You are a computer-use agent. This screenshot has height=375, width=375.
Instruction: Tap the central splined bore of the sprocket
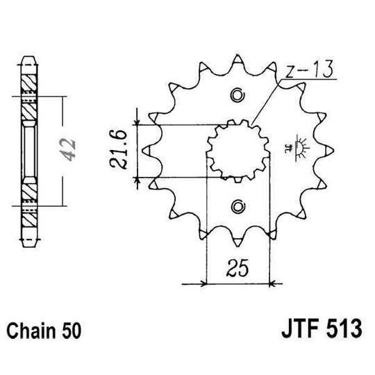pos(238,149)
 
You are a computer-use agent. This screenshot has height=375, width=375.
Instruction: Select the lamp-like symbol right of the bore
pos(300,146)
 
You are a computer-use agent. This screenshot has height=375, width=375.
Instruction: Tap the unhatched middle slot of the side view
pos(29,149)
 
